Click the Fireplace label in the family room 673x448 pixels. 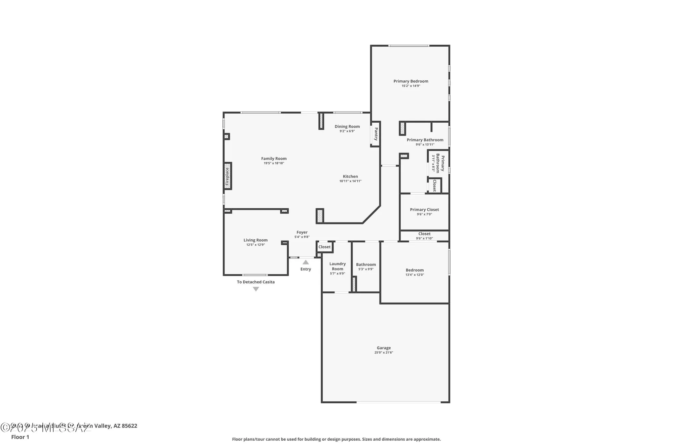click(227, 176)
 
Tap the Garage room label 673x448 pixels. click(384, 348)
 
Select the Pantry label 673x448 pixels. click(376, 134)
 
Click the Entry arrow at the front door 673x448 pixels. click(306, 262)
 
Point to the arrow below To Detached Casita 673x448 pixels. click(256, 289)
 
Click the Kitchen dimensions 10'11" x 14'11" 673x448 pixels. click(350, 181)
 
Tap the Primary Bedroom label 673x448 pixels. click(411, 81)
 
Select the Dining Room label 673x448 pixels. click(347, 126)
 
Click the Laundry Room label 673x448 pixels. click(338, 266)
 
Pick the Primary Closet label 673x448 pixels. click(424, 209)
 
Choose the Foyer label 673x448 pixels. click(302, 232)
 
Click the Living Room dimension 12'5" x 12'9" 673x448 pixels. click(255, 245)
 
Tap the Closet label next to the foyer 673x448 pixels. click(324, 247)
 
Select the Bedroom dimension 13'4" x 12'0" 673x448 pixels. click(415, 275)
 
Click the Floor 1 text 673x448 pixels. click(20, 437)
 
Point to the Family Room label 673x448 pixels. click(274, 159)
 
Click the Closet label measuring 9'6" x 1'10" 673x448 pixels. click(424, 234)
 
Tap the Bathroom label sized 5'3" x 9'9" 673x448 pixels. click(366, 264)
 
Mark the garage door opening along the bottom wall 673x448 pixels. click(399, 402)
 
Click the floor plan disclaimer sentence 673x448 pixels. click(336, 439)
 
